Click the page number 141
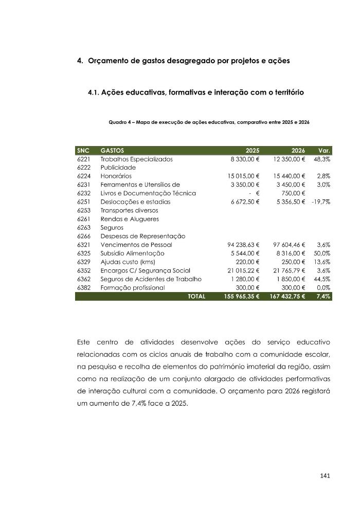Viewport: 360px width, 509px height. point(324,475)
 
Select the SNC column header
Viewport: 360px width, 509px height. point(83,151)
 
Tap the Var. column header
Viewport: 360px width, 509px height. point(324,151)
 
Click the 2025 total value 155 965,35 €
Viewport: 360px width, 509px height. point(242,297)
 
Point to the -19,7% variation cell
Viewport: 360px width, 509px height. point(320,202)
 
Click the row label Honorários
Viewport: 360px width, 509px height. point(116,176)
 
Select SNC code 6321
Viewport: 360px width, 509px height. point(83,245)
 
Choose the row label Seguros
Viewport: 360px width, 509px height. point(112,228)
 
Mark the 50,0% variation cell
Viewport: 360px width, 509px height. point(322,253)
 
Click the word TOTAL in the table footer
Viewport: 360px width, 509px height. point(196,297)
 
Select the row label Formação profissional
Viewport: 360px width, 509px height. point(133,288)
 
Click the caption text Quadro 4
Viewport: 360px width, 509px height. point(121,122)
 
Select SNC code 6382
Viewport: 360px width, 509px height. point(83,288)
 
